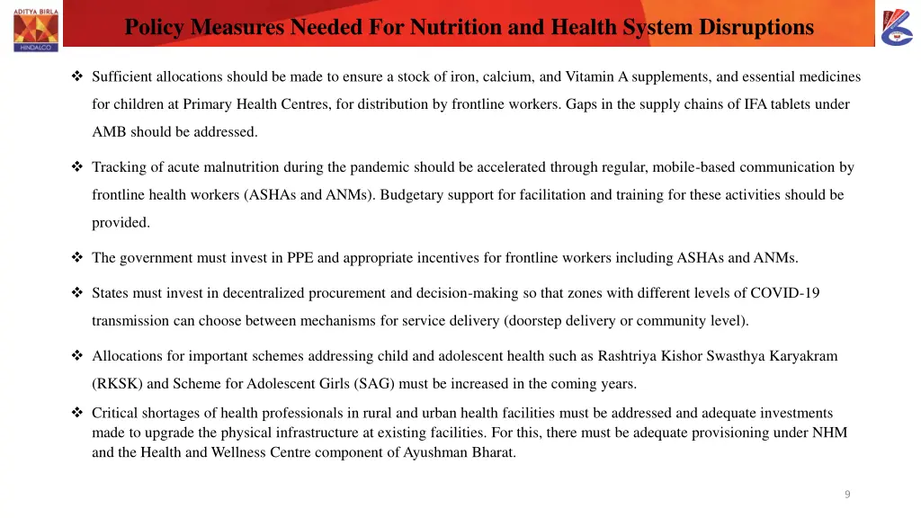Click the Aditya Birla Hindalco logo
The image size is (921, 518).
pyautogui.click(x=36, y=25)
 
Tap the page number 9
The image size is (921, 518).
pyautogui.click(x=847, y=494)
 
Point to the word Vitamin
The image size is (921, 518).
pyautogui.click(x=590, y=77)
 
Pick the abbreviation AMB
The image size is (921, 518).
pyautogui.click(x=109, y=132)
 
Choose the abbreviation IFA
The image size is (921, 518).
pyautogui.click(x=756, y=104)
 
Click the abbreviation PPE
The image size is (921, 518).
pyautogui.click(x=300, y=258)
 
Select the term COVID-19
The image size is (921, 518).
pyautogui.click(x=785, y=293)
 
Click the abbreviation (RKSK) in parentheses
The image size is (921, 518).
pyautogui.click(x=117, y=384)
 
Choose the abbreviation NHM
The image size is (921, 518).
pyautogui.click(x=828, y=433)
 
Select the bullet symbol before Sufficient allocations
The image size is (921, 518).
pyautogui.click(x=76, y=77)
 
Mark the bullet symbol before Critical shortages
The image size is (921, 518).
pyautogui.click(x=76, y=414)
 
